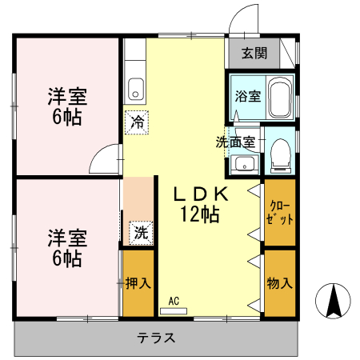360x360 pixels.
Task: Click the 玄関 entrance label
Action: (255, 54)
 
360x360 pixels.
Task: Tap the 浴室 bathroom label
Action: (247, 96)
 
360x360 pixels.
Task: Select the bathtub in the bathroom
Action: (280, 98)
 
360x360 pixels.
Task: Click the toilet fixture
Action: (281, 154)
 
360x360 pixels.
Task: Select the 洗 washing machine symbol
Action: (141, 234)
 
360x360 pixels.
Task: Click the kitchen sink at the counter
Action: (135, 87)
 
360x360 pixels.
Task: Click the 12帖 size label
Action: (201, 214)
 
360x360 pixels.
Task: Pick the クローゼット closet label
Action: (281, 212)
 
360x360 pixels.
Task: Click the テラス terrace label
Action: (157, 337)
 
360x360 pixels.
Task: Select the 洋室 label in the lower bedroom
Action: (66, 238)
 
